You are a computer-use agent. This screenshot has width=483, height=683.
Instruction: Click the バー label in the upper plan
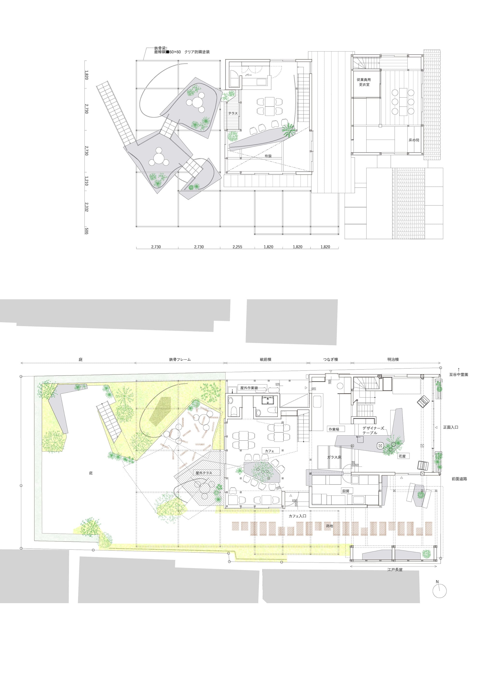248,75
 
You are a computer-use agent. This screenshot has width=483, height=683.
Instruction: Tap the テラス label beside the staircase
233,113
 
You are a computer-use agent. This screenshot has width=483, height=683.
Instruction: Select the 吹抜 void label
268,156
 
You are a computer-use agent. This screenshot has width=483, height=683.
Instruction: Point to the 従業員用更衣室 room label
364,82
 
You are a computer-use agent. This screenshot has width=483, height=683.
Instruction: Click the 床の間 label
414,140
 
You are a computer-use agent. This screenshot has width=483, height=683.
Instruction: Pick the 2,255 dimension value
237,246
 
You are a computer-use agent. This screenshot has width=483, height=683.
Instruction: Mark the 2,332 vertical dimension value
86,207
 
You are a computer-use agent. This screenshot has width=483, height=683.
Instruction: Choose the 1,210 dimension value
86,181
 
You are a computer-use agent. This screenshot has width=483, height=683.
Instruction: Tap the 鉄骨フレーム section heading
180,359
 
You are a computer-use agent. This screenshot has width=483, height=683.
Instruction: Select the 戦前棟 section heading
265,359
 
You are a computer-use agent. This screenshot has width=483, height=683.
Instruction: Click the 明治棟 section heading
393,359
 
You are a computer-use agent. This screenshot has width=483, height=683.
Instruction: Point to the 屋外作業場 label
249,388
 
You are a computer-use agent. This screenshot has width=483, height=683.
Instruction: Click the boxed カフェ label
269,451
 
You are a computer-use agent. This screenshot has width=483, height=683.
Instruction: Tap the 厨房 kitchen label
346,491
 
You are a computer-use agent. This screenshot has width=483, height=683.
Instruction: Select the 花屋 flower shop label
402,456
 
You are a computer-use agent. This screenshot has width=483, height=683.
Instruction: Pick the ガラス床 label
334,457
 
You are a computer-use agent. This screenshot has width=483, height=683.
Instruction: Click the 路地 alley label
329,526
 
